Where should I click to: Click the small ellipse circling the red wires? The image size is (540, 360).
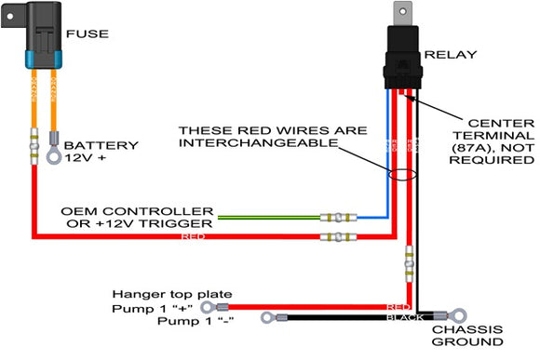[403, 175]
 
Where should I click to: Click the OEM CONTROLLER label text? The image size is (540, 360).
[138, 211]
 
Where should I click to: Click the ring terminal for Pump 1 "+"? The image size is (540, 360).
[221, 306]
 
